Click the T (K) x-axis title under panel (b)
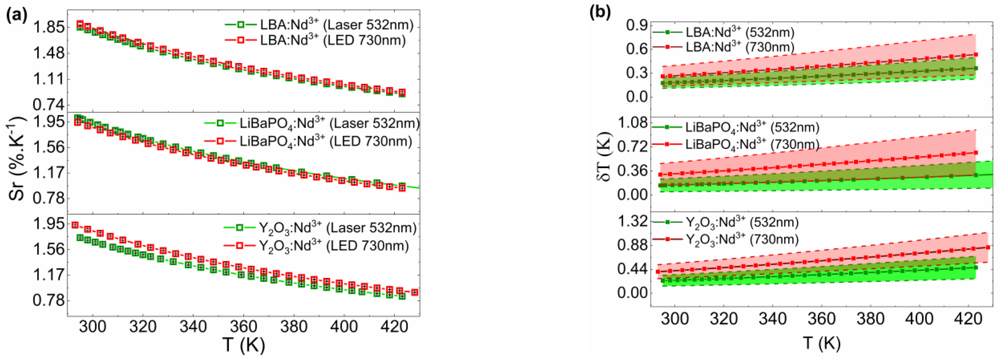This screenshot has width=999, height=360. point(821,343)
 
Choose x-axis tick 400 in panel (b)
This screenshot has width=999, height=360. point(919,319)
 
